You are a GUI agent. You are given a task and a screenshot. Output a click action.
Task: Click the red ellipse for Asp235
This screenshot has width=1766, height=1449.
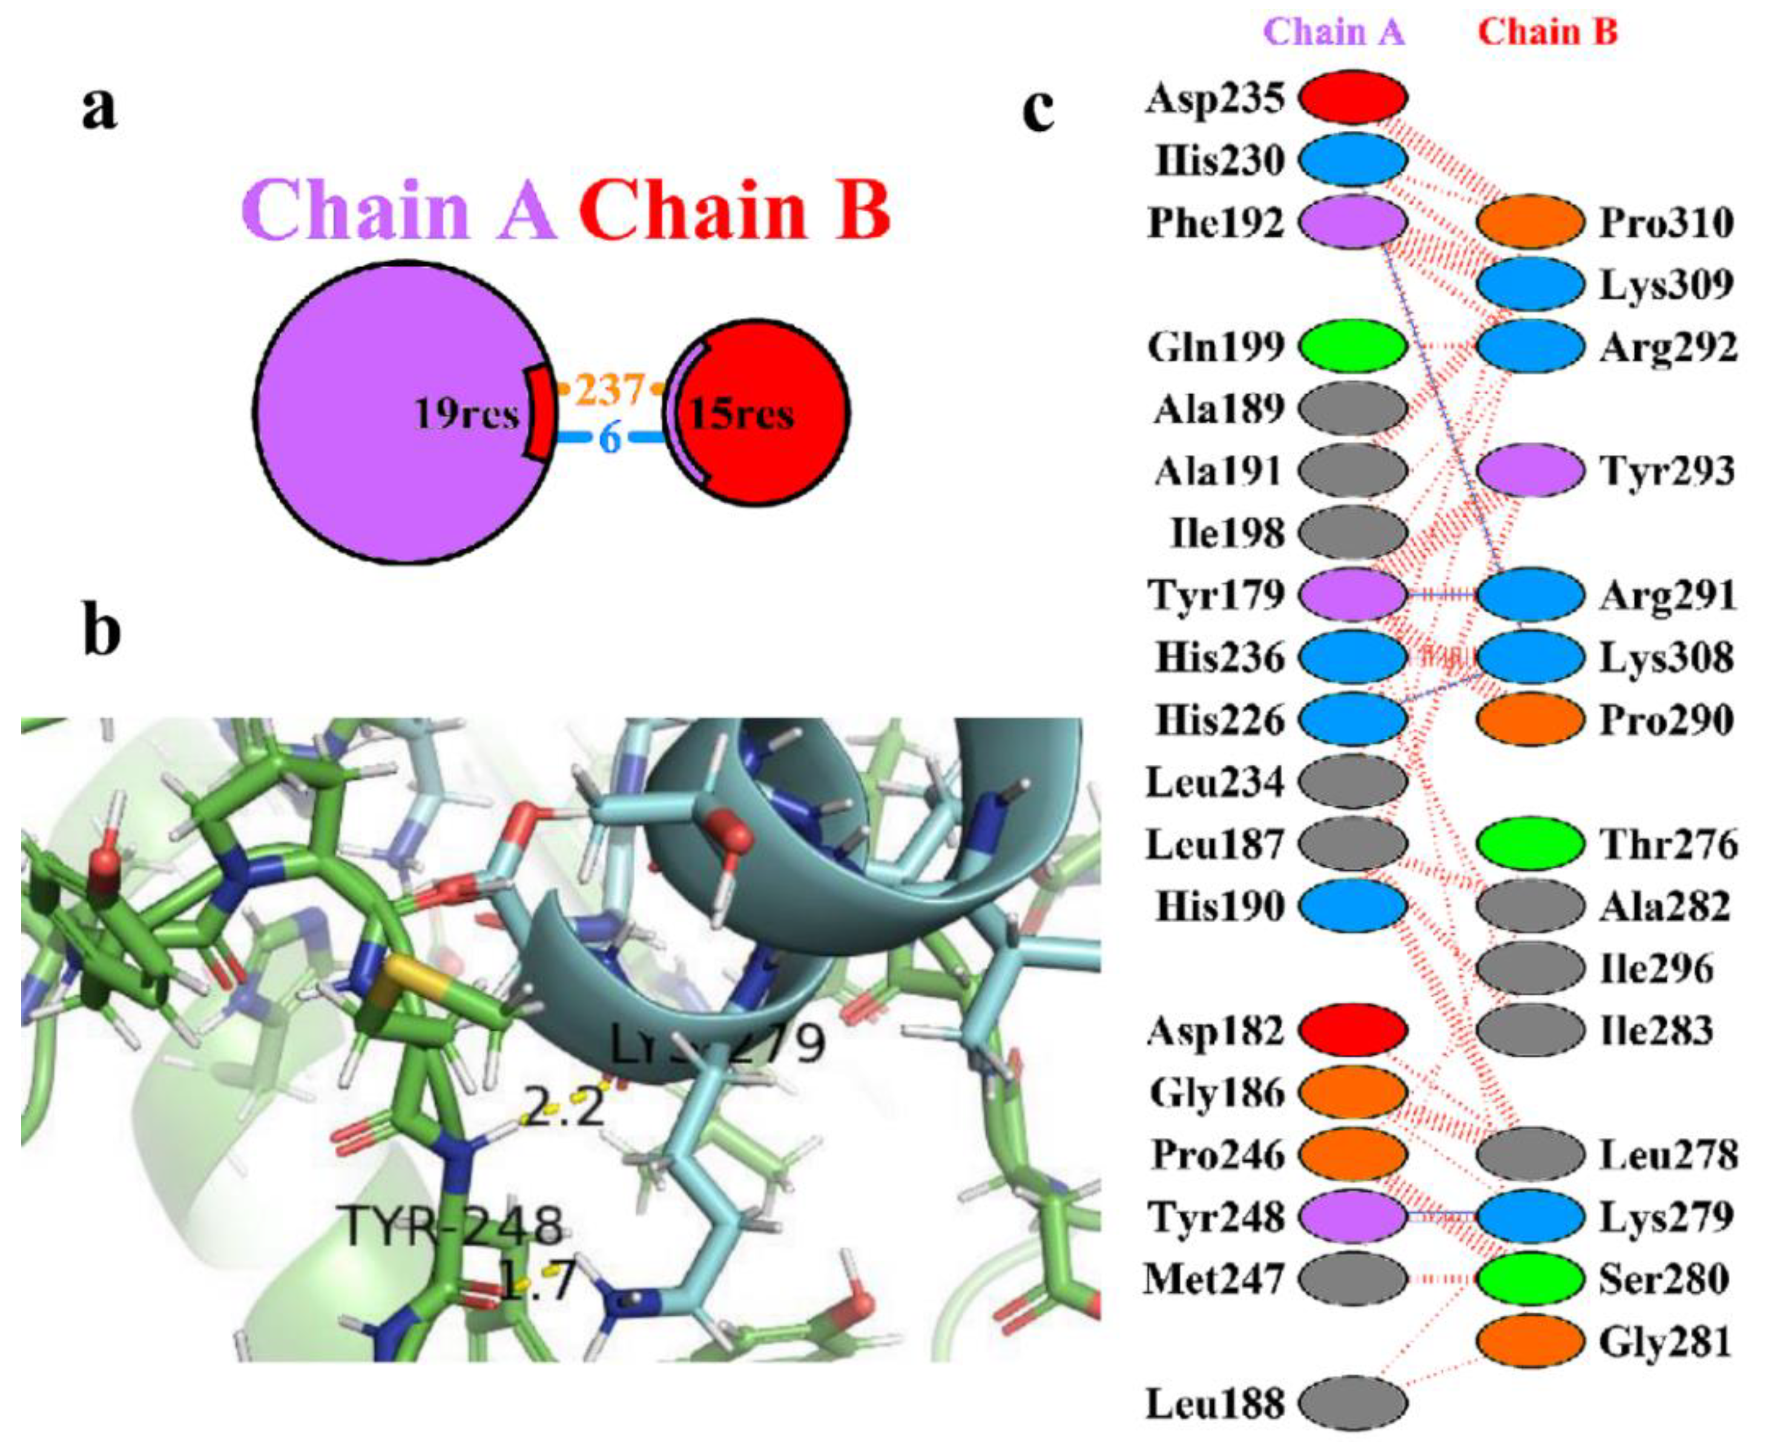1353,97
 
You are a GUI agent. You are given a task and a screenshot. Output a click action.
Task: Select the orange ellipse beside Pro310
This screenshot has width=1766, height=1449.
1530,222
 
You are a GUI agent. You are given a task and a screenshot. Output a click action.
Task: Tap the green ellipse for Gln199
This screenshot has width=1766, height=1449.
1353,346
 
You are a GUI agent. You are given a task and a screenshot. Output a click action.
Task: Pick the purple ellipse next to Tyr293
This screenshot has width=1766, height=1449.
1530,470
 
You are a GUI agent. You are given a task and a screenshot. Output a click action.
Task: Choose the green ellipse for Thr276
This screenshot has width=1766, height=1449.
1530,844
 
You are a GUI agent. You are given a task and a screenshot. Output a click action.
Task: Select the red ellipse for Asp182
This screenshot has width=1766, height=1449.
1353,1031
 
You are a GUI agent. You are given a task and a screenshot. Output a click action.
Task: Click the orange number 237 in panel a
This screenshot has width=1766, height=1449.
611,389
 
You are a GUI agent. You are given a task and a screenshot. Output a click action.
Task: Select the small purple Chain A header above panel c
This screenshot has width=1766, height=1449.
1334,31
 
